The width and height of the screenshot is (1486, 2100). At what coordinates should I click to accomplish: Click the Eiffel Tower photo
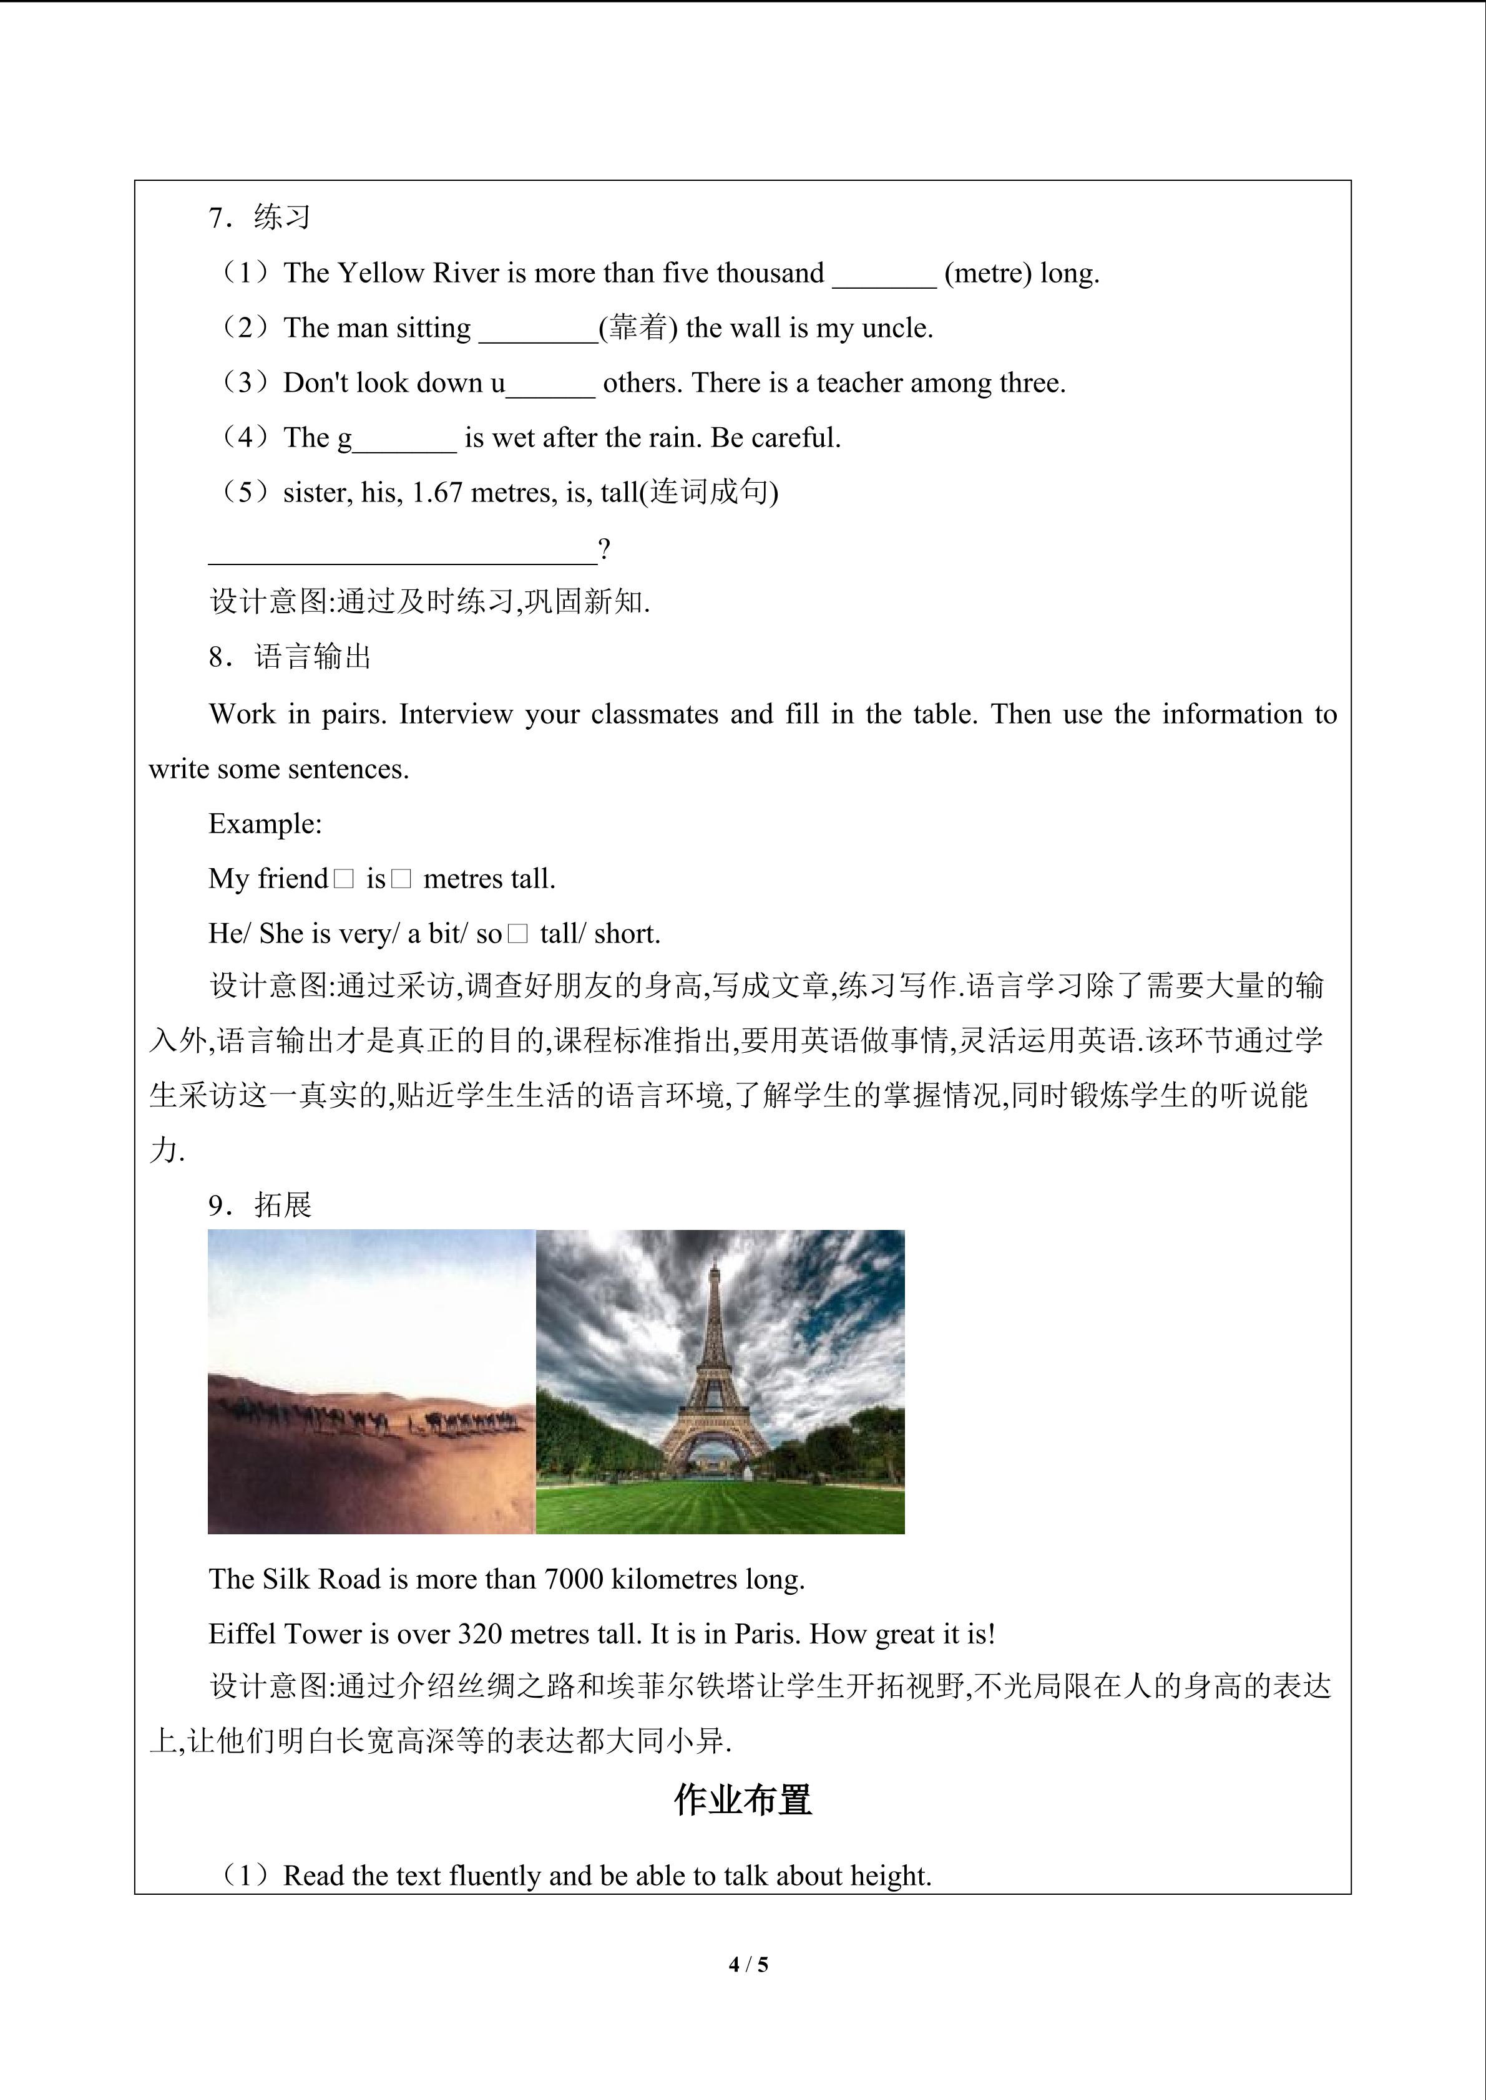pyautogui.click(x=720, y=1381)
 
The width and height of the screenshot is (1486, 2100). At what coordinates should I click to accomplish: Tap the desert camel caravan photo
pyautogui.click(x=371, y=1381)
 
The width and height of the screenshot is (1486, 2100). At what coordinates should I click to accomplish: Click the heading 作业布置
pyautogui.click(x=743, y=1800)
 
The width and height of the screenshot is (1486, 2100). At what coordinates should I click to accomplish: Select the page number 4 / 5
pyautogui.click(x=748, y=1963)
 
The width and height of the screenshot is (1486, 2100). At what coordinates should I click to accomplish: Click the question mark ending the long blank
pyautogui.click(x=604, y=549)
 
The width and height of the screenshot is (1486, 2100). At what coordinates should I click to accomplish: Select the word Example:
pyautogui.click(x=265, y=824)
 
